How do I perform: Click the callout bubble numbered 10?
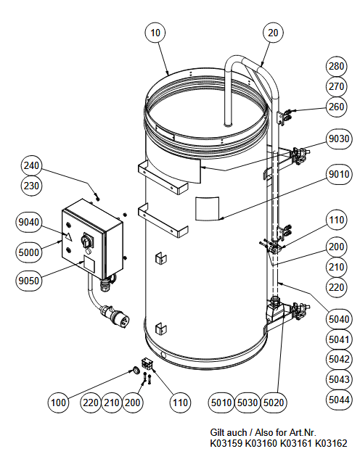coord(155,33)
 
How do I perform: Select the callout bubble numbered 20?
coord(273,33)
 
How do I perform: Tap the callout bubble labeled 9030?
coord(339,139)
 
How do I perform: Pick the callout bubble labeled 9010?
coord(339,174)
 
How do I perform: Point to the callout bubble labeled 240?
coord(31,165)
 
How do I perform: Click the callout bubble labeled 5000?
coord(28,252)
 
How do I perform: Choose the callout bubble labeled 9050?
coord(28,281)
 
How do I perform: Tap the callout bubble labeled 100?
coord(58,403)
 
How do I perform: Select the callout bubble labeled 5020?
coord(274,403)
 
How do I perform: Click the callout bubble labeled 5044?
coord(339,400)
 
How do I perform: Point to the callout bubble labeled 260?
coord(336,107)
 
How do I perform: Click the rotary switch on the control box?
coord(87,240)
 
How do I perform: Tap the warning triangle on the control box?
coord(68,237)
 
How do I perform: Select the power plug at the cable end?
coord(115,316)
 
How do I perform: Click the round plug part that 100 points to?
coord(135,370)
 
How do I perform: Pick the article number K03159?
coord(226,443)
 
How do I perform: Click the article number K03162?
coord(331,443)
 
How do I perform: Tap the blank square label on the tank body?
coord(207,208)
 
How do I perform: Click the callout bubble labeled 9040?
coord(28,222)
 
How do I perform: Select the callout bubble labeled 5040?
coord(339,319)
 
